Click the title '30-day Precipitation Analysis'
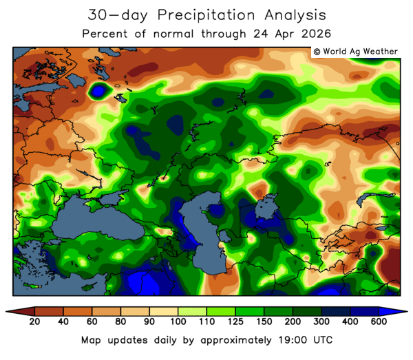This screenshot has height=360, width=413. tap(206, 14)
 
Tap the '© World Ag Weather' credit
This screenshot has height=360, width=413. tap(354, 52)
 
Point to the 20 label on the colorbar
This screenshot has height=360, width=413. tap(33, 323)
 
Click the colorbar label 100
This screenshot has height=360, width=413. tap(178, 323)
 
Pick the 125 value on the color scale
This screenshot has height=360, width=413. tap(235, 323)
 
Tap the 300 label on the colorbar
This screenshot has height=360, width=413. tap(322, 323)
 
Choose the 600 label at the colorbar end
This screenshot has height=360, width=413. tap(379, 323)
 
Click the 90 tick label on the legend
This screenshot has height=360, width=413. tap(149, 323)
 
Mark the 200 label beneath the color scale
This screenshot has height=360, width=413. tap(293, 323)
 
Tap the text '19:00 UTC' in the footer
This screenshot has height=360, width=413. tap(306, 340)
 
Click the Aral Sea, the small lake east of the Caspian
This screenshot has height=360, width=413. tap(265, 207)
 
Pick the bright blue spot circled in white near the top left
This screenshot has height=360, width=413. tap(100, 89)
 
